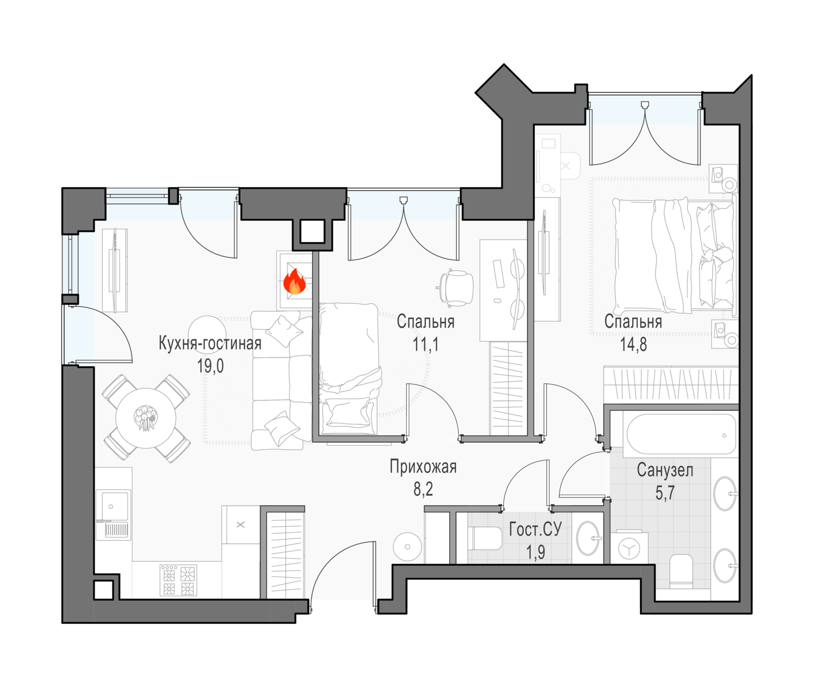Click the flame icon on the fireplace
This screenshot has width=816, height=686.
(294, 281)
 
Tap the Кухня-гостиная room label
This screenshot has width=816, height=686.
(210, 343)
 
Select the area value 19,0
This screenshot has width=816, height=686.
(210, 366)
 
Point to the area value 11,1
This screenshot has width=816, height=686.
(425, 344)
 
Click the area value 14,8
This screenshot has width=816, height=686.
(634, 344)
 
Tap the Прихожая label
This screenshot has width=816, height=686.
(423, 467)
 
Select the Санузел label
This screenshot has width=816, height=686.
(665, 470)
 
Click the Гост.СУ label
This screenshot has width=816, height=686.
(535, 529)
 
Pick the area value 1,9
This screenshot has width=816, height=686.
(535, 552)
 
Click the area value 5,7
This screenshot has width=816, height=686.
(665, 493)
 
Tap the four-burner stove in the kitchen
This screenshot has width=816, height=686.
(178, 580)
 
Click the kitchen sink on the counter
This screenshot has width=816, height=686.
(113, 515)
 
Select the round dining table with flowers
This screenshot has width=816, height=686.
(146, 418)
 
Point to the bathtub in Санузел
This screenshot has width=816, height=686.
(681, 434)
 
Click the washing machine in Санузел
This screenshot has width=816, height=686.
(629, 548)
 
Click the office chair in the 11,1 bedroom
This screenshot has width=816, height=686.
(456, 288)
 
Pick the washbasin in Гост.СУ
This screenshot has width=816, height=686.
(588, 538)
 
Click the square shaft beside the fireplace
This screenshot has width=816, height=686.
(312, 231)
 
